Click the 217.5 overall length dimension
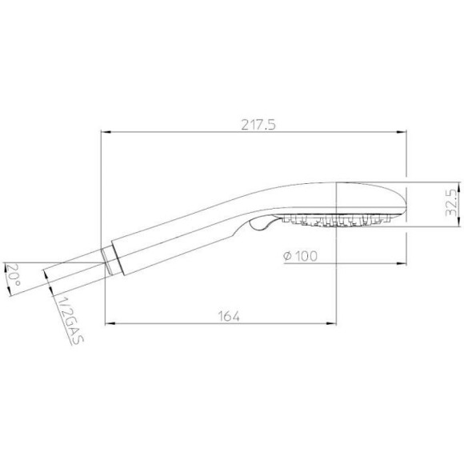(258, 125)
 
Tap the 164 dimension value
(229, 316)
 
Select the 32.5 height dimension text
(452, 202)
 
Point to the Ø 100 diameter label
(300, 256)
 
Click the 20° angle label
(13, 275)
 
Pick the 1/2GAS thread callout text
(70, 320)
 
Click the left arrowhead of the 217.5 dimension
(106, 132)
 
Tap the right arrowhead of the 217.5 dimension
(402, 132)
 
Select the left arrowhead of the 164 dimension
(110, 324)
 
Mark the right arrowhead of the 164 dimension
(331, 324)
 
